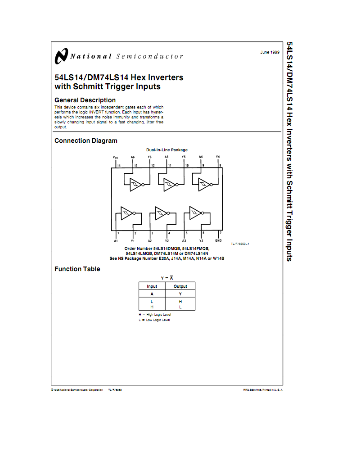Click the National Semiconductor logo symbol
coord(61,56)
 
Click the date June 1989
coord(270,52)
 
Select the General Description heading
coord(85,100)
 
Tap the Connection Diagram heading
coord(86,140)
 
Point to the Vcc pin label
coord(115,157)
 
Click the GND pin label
coord(219,240)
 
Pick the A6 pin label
coord(133,157)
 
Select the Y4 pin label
coord(218,157)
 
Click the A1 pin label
coord(116,240)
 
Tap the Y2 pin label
coord(167,240)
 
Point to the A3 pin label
coord(184,240)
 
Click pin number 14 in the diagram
coord(119,166)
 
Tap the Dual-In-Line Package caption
coord(167,150)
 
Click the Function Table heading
coord(77,269)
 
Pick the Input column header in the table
coord(152,286)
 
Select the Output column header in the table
coord(180,286)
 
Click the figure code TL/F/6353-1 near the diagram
coord(240,244)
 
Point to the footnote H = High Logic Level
coord(155,314)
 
